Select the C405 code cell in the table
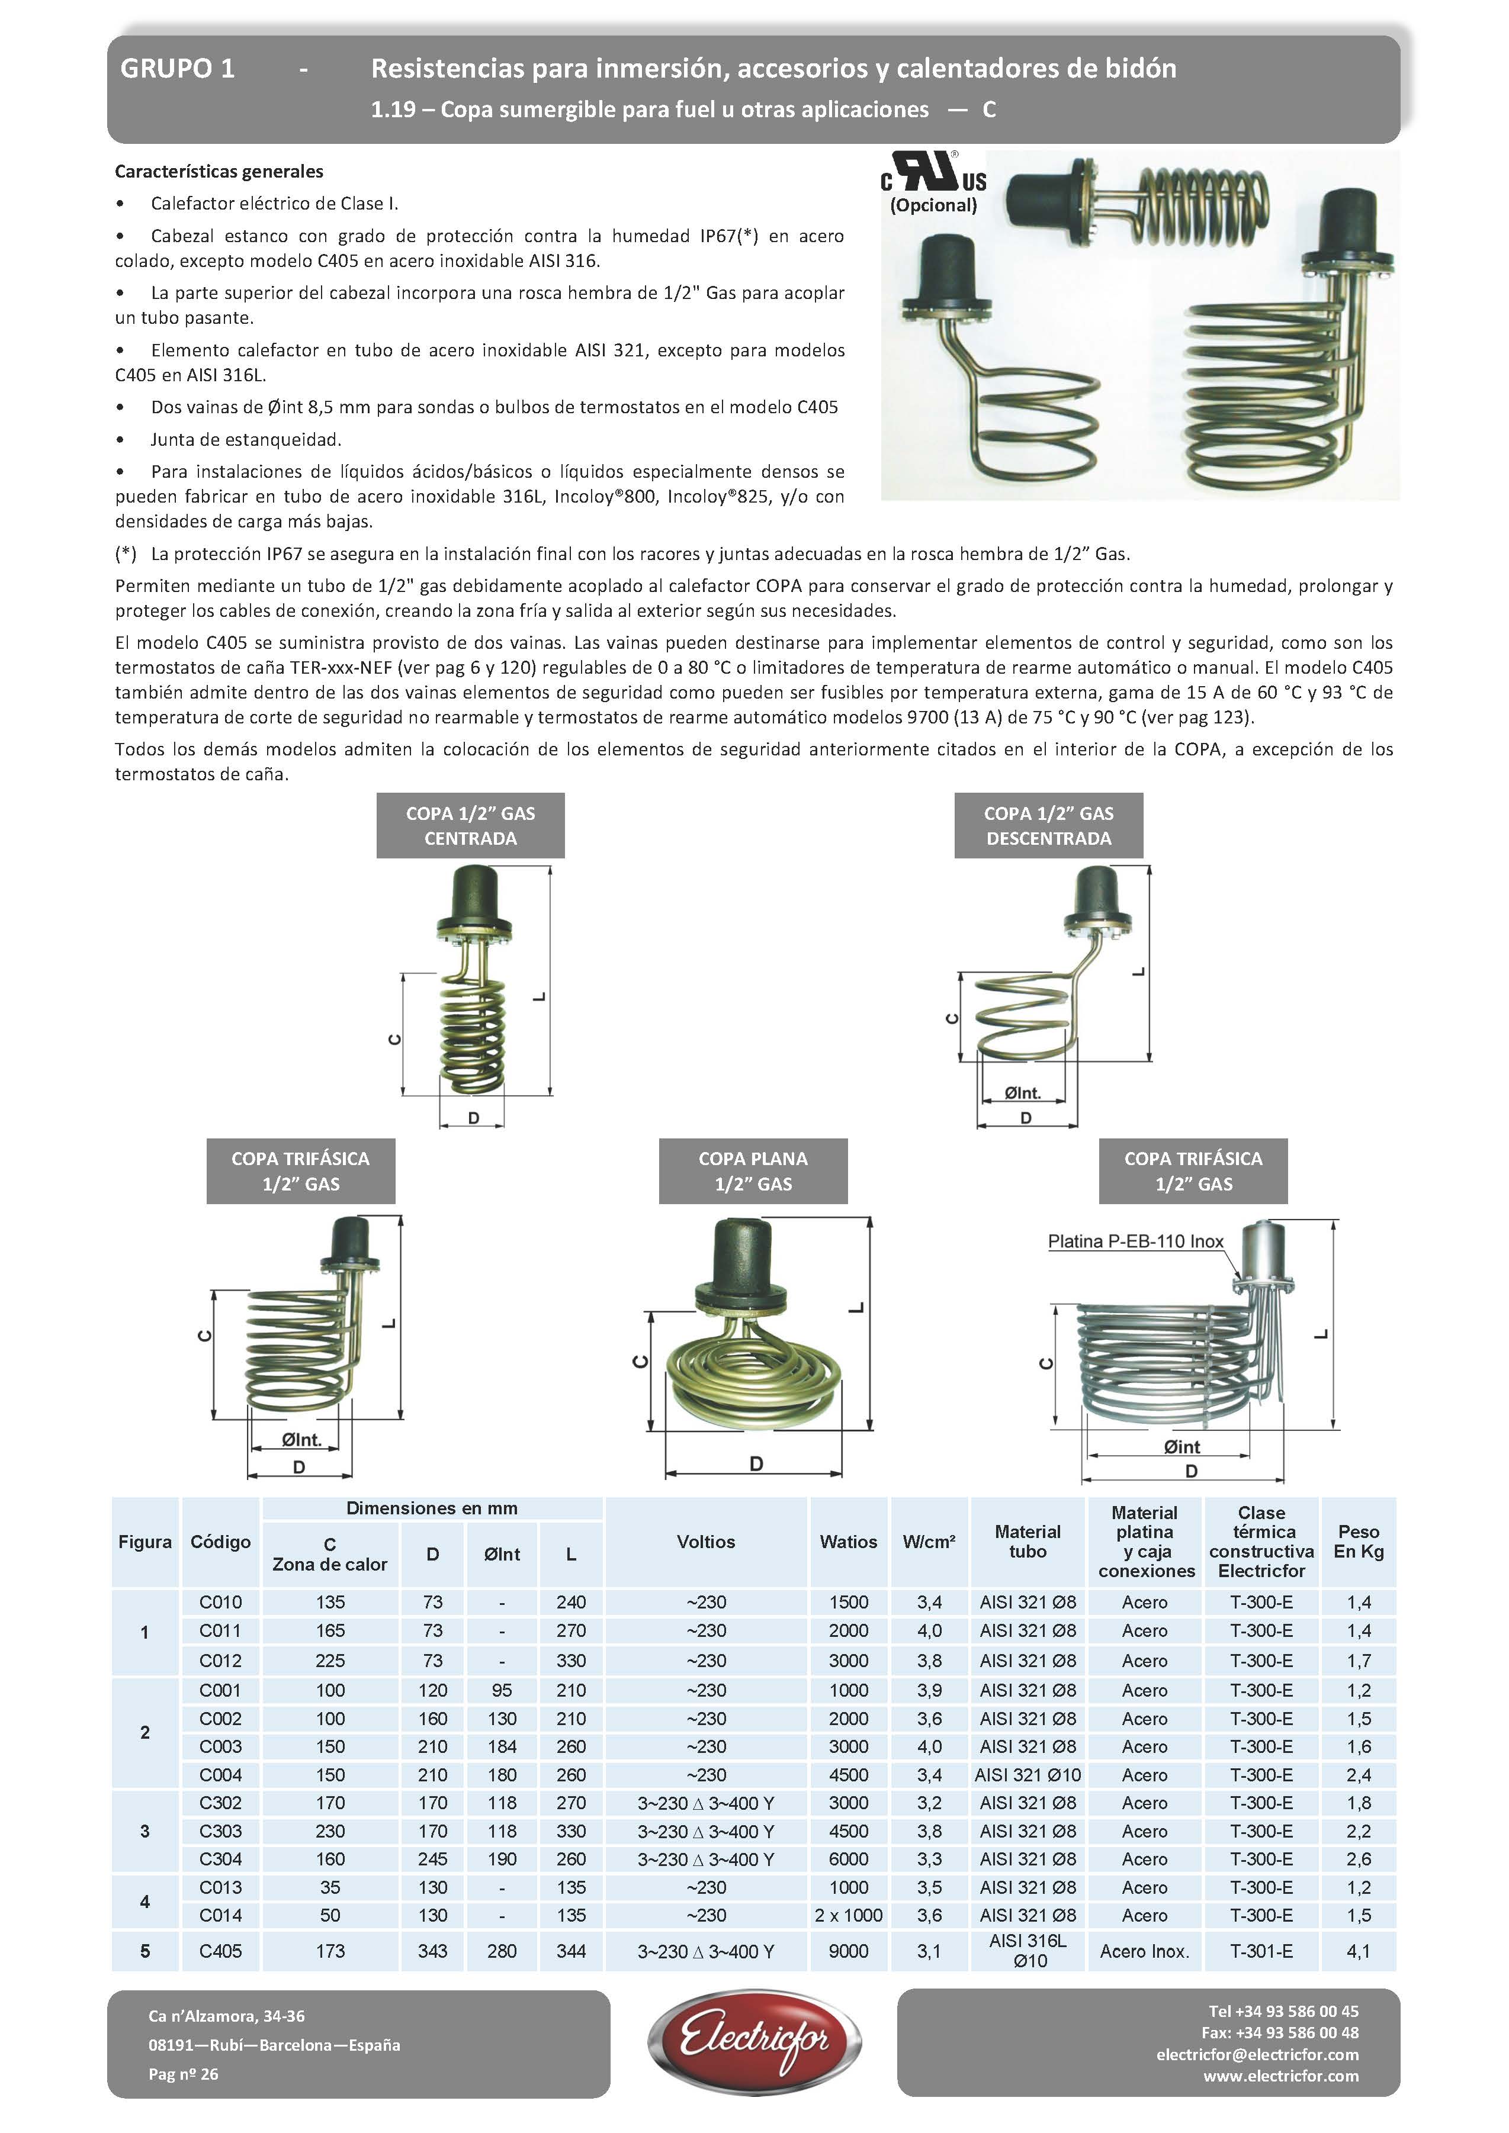point(220,1951)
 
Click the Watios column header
point(848,1541)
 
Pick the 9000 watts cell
point(848,1951)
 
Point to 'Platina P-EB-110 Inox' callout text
point(1135,1241)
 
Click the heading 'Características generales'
point(219,171)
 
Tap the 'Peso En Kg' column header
point(1359,1541)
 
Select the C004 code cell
point(220,1774)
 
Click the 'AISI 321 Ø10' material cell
point(1028,1774)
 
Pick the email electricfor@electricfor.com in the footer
point(1257,2054)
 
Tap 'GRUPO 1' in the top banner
point(178,68)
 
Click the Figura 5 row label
point(145,1951)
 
